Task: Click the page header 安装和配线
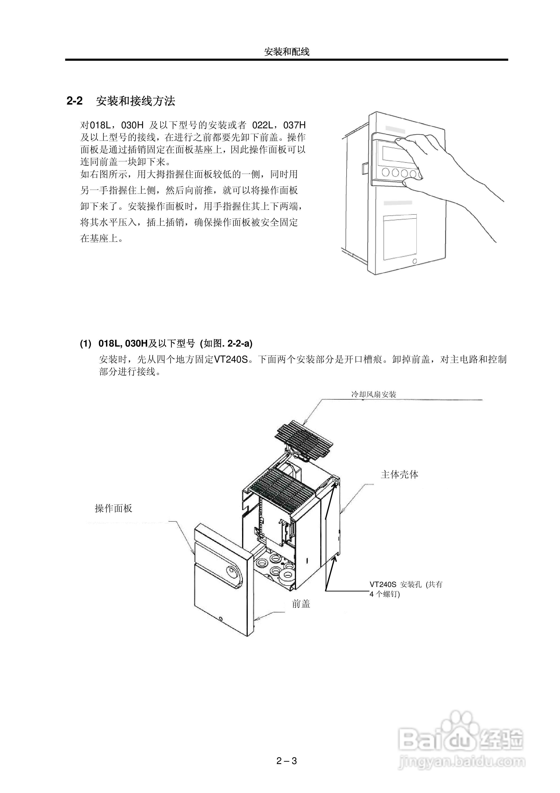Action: coord(287,52)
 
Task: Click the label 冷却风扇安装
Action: coord(374,394)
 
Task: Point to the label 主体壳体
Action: coord(400,475)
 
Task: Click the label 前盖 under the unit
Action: coord(301,604)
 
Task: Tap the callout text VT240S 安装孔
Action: coord(395,585)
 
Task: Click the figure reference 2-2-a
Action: coord(239,344)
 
